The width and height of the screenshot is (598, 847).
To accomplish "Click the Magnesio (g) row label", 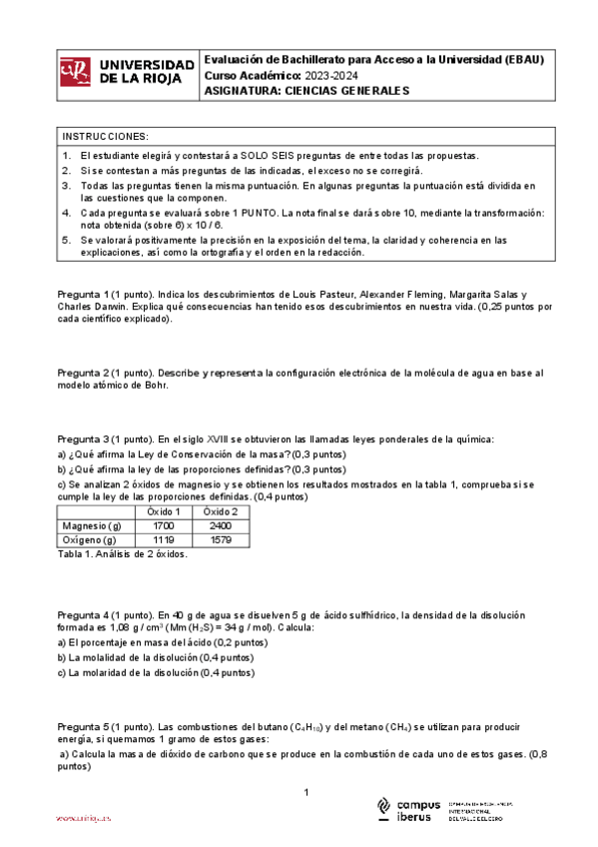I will (x=91, y=525).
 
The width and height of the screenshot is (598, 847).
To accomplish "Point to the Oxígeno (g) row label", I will (x=91, y=540).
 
